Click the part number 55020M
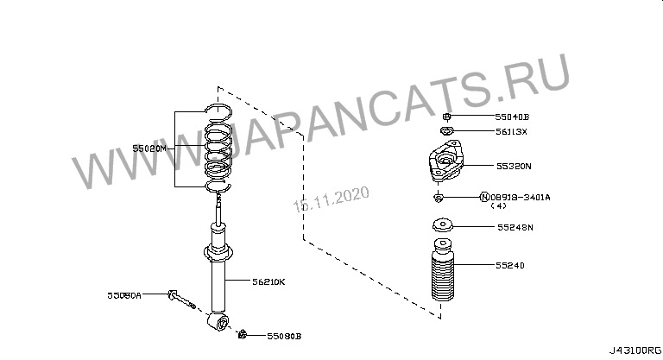tap(148, 148)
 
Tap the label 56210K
tap(268, 281)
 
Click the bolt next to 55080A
tap(181, 298)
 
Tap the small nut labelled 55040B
tap(445, 116)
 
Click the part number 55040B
tap(512, 116)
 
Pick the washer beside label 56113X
tap(445, 131)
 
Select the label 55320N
tap(514, 165)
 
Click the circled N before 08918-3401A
tap(484, 198)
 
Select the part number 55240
tap(510, 265)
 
